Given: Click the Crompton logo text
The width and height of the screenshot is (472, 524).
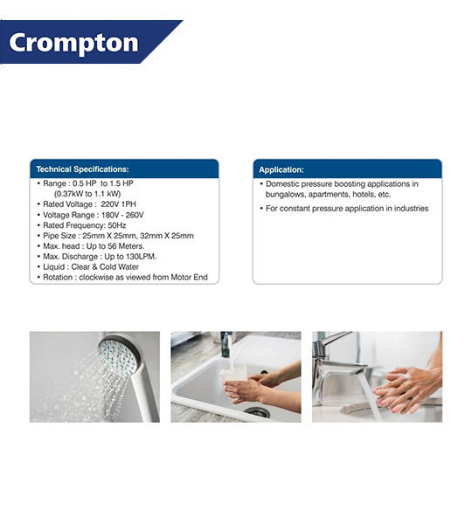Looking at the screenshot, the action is (x=73, y=43).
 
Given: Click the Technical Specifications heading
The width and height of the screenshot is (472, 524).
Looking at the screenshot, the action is (x=82, y=169).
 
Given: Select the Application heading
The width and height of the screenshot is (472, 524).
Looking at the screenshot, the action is (x=281, y=169).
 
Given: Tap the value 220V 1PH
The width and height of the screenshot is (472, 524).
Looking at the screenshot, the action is (x=118, y=204).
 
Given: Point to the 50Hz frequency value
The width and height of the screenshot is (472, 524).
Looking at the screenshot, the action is (x=117, y=225).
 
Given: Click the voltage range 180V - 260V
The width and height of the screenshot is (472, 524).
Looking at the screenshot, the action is (x=122, y=215).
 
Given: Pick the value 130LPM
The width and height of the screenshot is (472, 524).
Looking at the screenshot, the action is (x=141, y=257).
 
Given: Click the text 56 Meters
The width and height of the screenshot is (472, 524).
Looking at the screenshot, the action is (x=126, y=246).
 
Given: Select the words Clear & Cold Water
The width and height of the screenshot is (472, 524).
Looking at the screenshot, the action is (x=105, y=267).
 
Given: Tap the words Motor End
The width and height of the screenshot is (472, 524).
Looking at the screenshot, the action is (x=190, y=278).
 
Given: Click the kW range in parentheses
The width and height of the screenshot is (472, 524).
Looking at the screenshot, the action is (x=87, y=194).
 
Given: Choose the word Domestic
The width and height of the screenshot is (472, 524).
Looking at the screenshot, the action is (x=282, y=184).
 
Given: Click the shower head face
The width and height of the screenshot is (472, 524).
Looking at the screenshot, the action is (x=118, y=356).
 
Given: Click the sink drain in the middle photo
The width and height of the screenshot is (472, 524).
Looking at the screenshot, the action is (x=257, y=412).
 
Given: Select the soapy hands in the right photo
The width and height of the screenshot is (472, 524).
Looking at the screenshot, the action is (x=407, y=390).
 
